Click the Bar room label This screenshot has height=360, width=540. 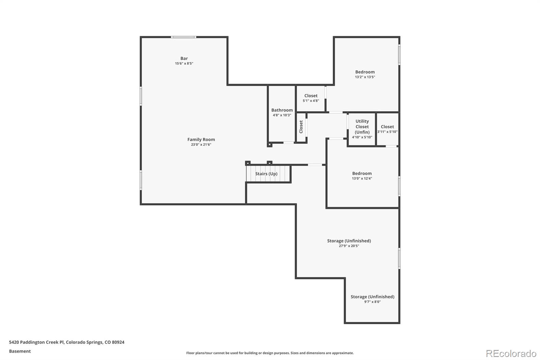coord(184,58)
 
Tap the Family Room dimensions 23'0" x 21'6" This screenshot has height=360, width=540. coord(201,145)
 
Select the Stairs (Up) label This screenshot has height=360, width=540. coord(266,174)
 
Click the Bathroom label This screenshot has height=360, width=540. coord(282,110)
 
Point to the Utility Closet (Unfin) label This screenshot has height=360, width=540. coord(362,127)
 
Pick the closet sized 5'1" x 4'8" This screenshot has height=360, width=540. coord(311,98)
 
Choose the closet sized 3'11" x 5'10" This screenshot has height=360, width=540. coord(387,129)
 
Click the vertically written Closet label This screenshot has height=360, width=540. coord(301,127)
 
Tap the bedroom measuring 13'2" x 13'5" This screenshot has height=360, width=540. coord(365,74)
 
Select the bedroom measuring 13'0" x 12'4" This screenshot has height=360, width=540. coord(362,176)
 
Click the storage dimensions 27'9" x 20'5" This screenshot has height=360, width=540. coord(349,246)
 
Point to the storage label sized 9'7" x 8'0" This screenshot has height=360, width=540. coord(372,299)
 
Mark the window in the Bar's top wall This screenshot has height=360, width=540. coord(183,37)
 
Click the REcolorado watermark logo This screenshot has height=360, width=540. coord(511,353)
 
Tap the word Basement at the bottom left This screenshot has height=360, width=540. coord(20,351)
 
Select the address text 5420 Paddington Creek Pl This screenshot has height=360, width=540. coord(36,342)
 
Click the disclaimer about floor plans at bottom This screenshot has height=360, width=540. coord(270,353)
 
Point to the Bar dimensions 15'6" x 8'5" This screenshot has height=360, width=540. coord(184,63)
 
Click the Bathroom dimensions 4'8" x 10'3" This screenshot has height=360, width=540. coord(282,115)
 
